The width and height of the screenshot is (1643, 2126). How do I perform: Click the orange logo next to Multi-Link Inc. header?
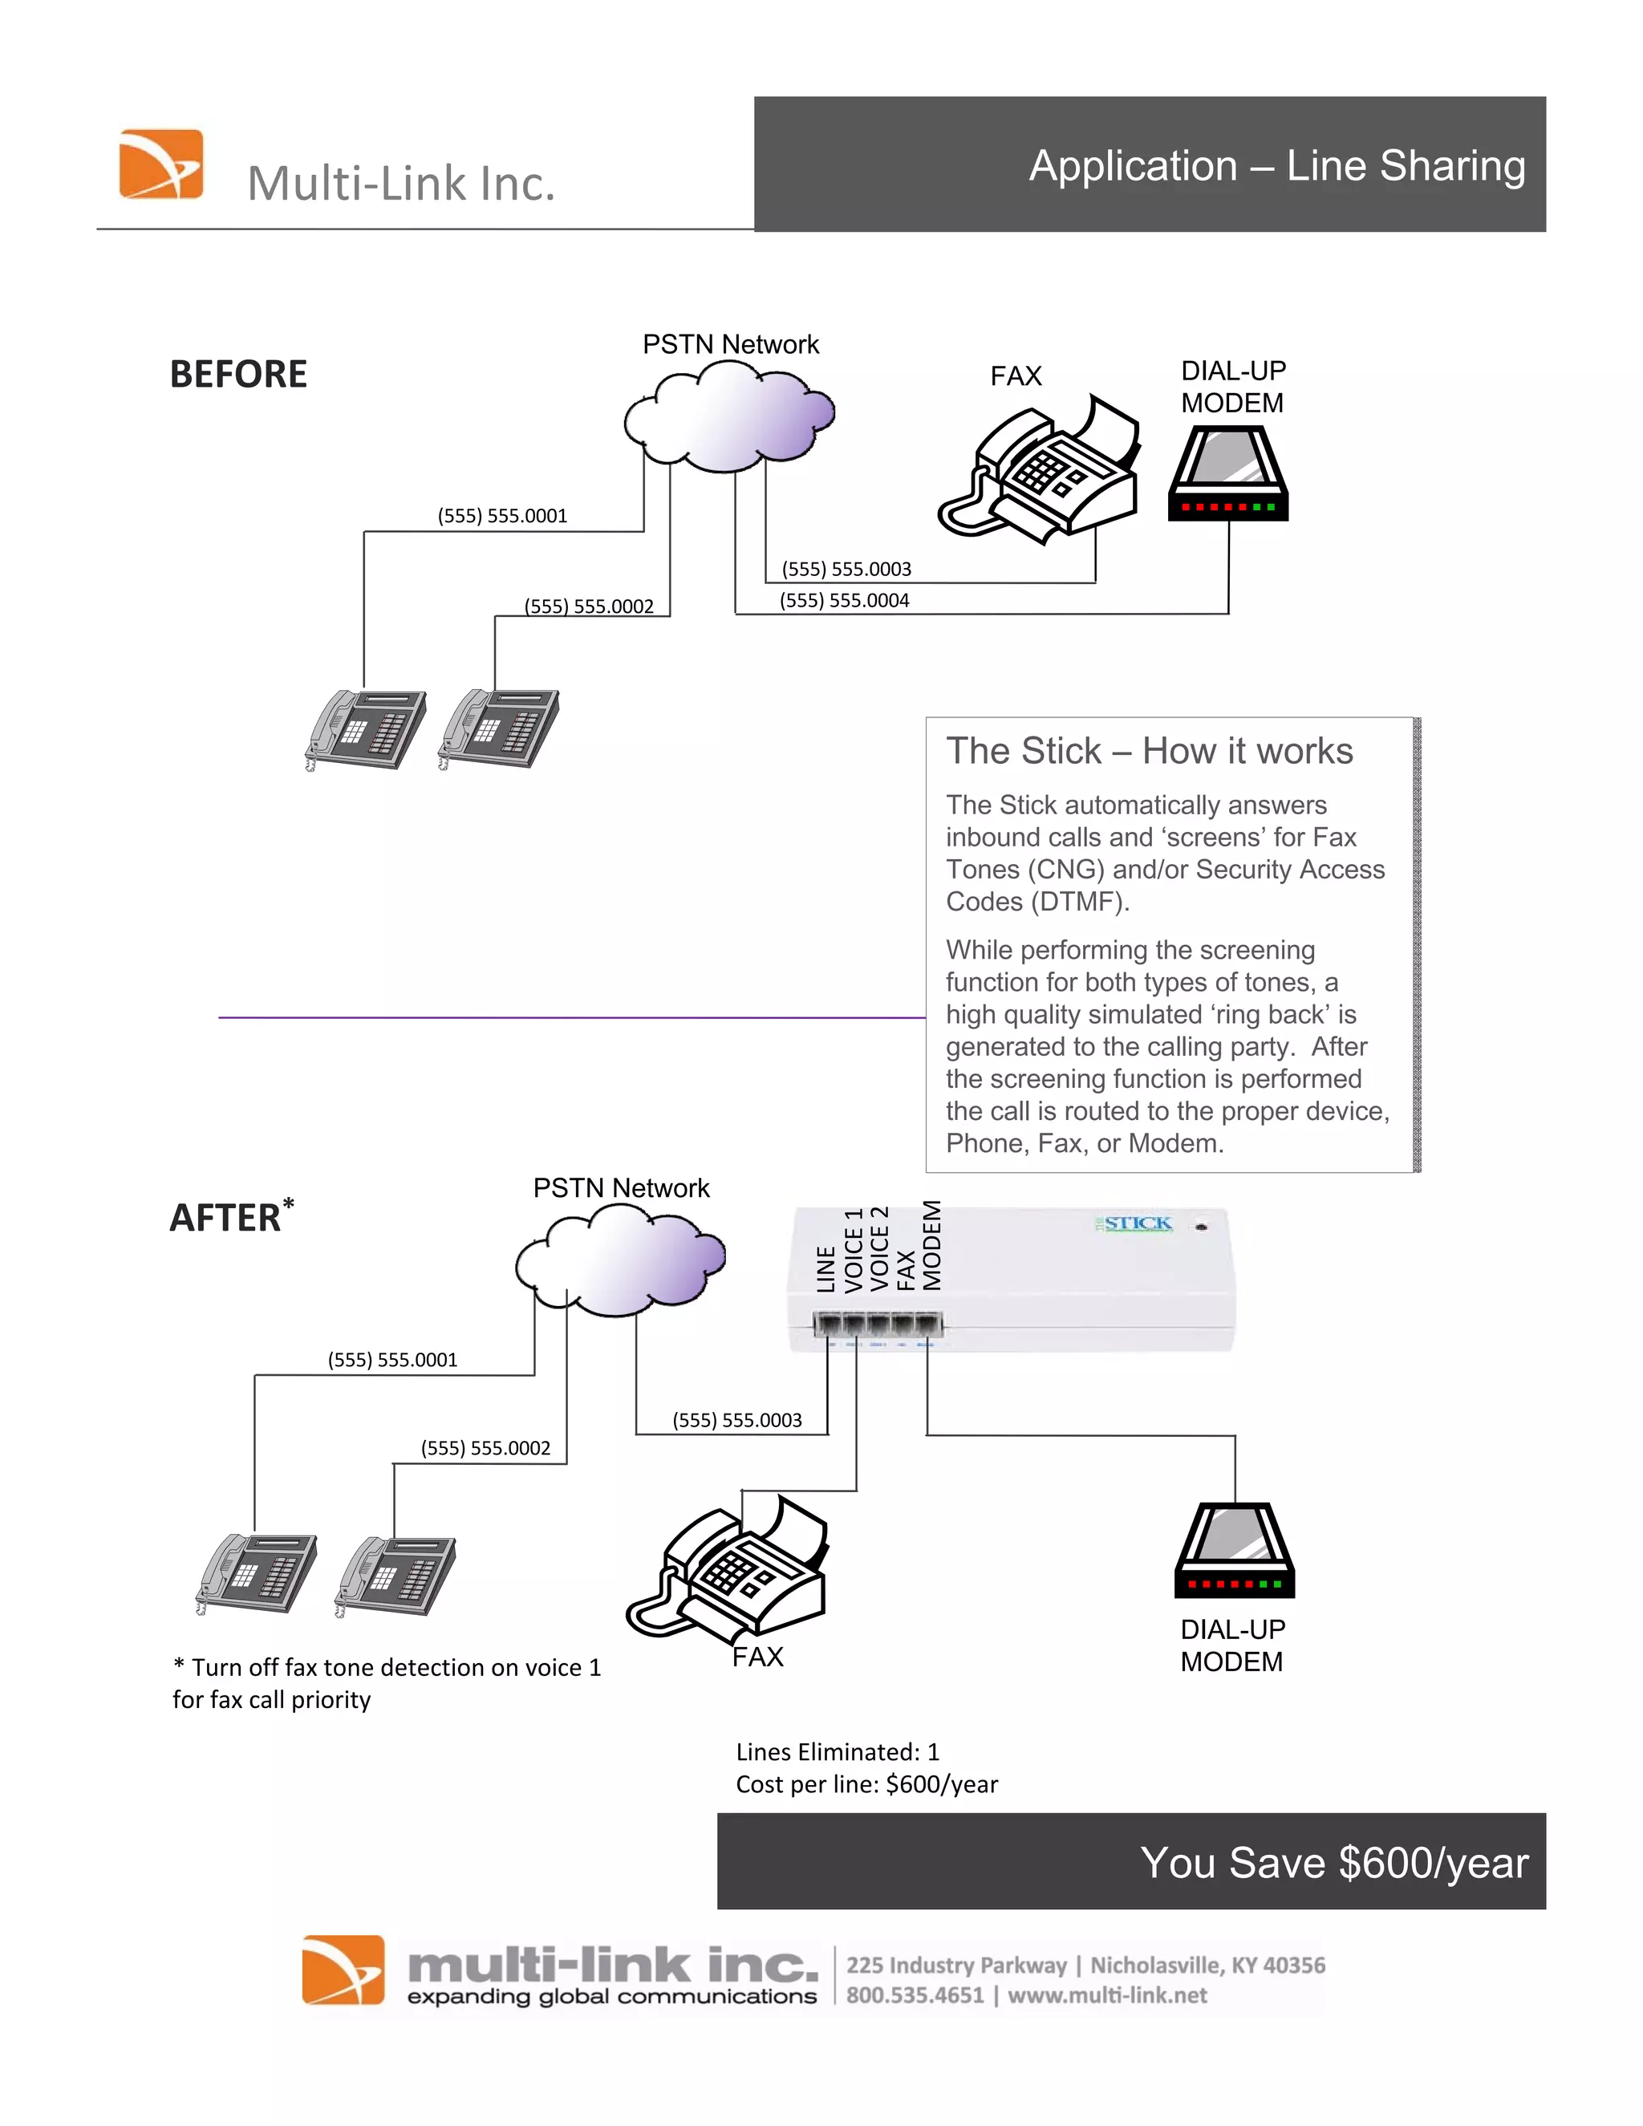[160, 164]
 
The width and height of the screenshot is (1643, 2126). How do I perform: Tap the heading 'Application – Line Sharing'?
[1276, 165]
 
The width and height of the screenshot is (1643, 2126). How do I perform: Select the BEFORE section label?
[237, 374]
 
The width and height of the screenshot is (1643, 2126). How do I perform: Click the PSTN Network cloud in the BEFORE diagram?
[729, 416]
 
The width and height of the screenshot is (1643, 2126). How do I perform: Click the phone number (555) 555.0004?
[844, 601]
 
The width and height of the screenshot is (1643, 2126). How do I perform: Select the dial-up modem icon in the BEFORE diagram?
[1228, 474]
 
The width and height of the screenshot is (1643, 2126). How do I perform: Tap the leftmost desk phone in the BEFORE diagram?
[366, 729]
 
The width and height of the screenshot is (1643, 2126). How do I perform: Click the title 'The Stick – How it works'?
[1149, 751]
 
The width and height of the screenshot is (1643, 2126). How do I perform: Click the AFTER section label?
[225, 1218]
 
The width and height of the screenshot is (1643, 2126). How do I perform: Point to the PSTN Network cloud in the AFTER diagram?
[620, 1260]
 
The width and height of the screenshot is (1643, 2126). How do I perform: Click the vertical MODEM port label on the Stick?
[932, 1245]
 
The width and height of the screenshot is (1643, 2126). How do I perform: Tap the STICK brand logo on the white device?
[1137, 1223]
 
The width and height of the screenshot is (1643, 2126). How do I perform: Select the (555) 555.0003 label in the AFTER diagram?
[736, 1420]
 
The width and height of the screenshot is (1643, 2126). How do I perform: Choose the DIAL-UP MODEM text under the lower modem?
[1232, 1645]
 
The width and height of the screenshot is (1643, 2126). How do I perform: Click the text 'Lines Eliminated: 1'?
[837, 1752]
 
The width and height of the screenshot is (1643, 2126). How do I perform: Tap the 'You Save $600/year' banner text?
[1333, 1862]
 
